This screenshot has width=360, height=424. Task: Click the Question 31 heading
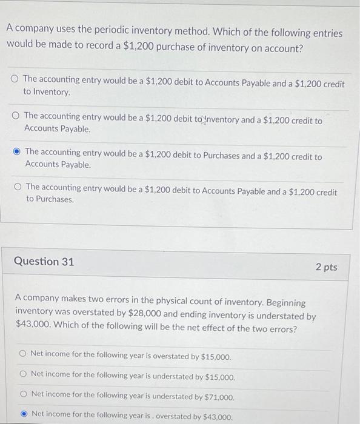[x=44, y=262]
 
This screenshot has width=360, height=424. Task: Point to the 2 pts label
[x=326, y=267]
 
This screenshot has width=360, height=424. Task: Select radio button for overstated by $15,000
[x=22, y=354]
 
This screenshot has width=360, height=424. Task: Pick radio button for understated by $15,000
[x=22, y=374]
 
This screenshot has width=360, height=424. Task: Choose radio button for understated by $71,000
[x=22, y=394]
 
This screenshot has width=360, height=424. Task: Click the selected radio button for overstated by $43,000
[x=22, y=414]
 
